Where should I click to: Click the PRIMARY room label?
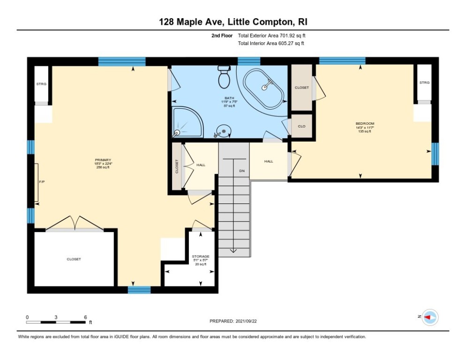point(102,160)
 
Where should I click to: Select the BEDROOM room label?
point(365,124)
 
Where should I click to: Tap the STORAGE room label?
point(200,256)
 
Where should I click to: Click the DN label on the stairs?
point(242,171)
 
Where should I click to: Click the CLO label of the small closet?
point(302,126)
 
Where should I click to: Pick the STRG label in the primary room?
point(41,84)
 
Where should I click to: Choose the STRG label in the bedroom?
point(424,82)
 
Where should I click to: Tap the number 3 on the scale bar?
point(56,317)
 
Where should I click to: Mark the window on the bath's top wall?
point(248,61)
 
